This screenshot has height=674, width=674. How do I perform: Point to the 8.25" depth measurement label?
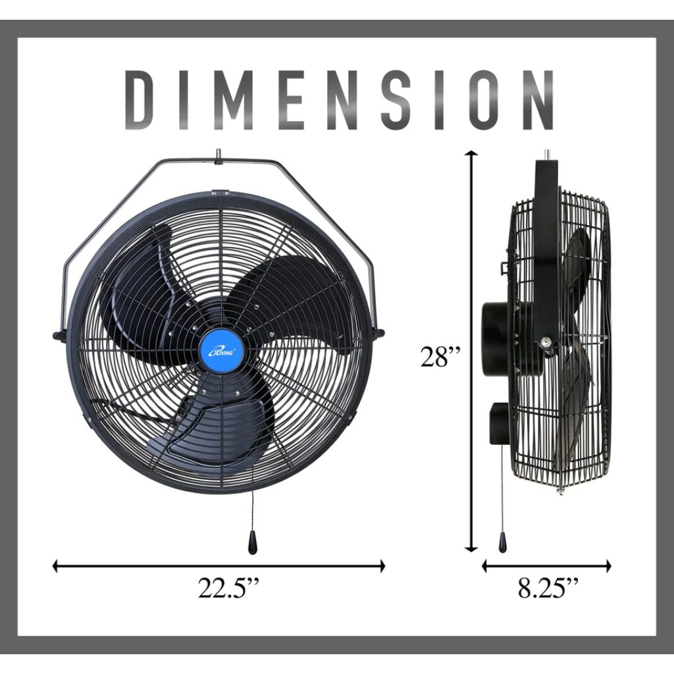click(549, 588)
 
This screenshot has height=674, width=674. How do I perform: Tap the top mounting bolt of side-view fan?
click(546, 155)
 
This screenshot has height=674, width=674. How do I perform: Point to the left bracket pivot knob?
click(58, 336)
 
